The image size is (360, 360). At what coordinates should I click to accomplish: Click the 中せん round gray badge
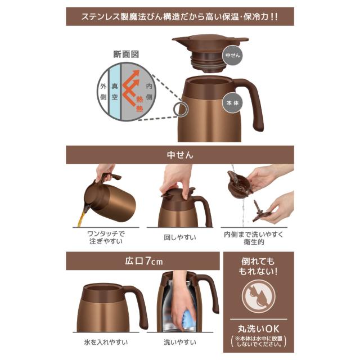pos(232,56)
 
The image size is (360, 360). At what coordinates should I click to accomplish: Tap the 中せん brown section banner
pos(180,155)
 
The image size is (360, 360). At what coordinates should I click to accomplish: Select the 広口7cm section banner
pos(142,260)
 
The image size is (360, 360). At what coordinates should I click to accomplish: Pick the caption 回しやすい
pos(180,237)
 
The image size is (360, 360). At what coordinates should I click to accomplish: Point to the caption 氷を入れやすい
pos(110,341)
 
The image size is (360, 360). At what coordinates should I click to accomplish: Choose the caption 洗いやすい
pos(180,341)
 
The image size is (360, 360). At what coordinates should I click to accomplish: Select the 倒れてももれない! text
pos(259,266)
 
